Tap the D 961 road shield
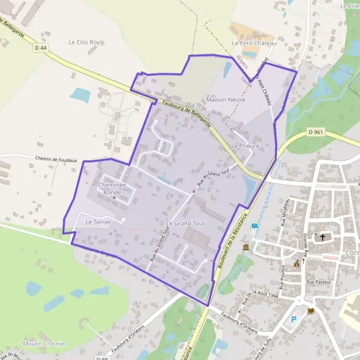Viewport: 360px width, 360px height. pos(316,132)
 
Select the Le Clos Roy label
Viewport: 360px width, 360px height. pos(84,43)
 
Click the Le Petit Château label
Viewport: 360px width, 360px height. pos(254,43)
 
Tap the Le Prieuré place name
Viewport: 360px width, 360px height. pos(245,146)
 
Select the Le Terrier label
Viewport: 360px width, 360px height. pos(95,222)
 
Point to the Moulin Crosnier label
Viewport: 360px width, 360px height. pos(44,343)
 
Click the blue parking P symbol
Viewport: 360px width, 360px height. pos(293,319)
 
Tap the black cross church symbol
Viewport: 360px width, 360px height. pos(323,237)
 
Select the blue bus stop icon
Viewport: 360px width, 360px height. pos(255,226)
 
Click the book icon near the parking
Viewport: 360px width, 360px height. pos(311,311)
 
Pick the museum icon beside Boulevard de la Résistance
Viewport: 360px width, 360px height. pos(246,247)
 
